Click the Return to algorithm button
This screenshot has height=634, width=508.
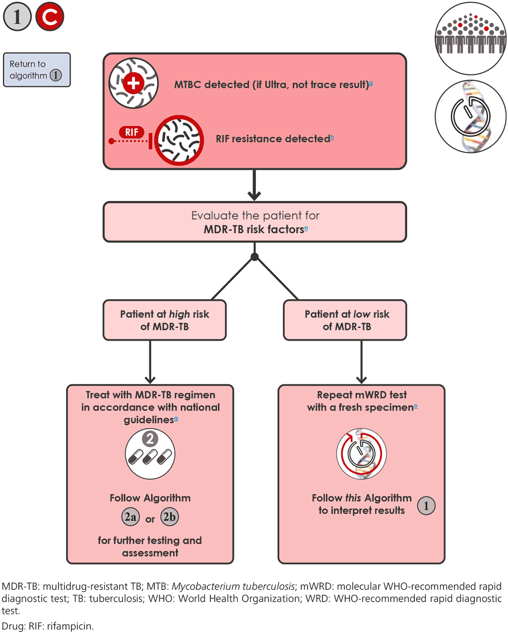pos(37,70)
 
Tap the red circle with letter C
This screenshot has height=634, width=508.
pos(50,17)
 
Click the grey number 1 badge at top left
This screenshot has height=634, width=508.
pos(17,17)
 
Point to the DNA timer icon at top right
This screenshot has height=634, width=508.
pos(470,117)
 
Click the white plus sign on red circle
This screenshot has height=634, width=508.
pos(133,83)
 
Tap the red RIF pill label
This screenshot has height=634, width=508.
pos(131,132)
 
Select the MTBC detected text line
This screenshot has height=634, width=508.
pos(273,85)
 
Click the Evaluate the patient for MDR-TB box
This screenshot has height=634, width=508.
pos(254,222)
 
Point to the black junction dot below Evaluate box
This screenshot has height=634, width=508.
pos(254,257)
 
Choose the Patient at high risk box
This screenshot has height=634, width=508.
pos(165,320)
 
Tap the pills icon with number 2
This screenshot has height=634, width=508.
pos(150,454)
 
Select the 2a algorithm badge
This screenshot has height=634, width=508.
pos(130,517)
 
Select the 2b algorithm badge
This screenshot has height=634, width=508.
pos(170,517)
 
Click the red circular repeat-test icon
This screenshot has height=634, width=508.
pos(362,454)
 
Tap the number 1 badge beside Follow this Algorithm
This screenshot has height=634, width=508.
pos(426,506)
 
